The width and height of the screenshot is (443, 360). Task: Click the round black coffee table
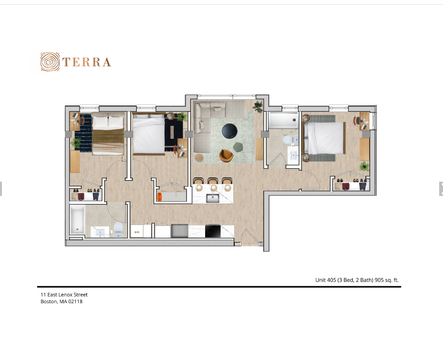pyautogui.click(x=230, y=131)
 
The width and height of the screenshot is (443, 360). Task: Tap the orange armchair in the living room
pyautogui.click(x=226, y=156)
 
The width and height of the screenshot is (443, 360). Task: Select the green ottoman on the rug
pyautogui.click(x=238, y=147)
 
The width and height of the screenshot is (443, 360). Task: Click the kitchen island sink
pyautogui.click(x=213, y=198)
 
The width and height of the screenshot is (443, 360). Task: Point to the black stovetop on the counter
pyautogui.click(x=213, y=231)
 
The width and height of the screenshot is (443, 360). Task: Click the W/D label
pyautogui.click(x=137, y=232)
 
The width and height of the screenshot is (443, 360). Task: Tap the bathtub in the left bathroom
pyautogui.click(x=77, y=220)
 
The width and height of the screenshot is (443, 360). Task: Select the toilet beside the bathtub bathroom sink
pyautogui.click(x=118, y=229)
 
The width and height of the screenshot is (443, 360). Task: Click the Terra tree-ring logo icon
pyautogui.click(x=50, y=62)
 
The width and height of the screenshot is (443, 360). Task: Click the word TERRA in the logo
pyautogui.click(x=86, y=62)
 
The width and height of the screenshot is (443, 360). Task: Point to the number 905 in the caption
pyautogui.click(x=379, y=280)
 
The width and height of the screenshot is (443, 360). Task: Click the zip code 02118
pyautogui.click(x=75, y=301)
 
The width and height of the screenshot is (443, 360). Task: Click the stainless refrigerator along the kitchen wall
pyautogui.click(x=179, y=231)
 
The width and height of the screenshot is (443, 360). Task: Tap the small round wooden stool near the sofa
pyautogui.click(x=199, y=158)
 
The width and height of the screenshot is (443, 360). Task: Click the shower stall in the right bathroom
pyautogui.click(x=283, y=120)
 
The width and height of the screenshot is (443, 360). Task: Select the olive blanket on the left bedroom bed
pyautogui.click(x=108, y=136)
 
